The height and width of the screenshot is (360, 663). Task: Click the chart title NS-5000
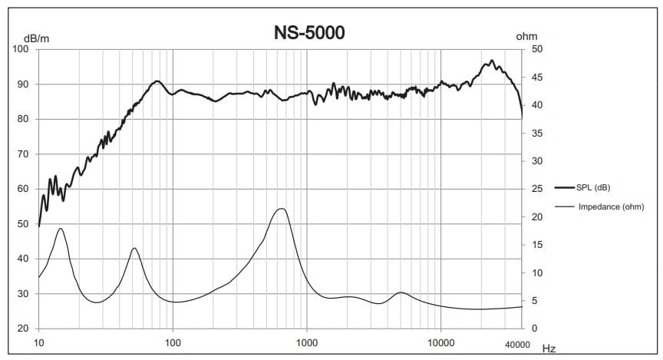click(310, 33)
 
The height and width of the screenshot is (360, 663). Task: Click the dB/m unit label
click(37, 38)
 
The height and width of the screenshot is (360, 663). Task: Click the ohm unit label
click(526, 36)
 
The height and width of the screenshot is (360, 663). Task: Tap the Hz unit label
click(549, 348)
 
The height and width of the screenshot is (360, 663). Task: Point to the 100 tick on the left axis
click(21, 49)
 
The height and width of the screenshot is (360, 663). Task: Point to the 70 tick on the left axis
click(24, 154)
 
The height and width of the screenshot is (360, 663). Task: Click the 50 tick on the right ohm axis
click(537, 49)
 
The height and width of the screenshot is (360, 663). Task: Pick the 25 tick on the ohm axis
click(537, 189)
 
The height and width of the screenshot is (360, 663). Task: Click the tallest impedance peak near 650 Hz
click(282, 209)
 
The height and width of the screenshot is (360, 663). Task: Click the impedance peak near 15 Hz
click(60, 229)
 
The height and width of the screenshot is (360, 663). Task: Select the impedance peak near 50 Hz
click(134, 248)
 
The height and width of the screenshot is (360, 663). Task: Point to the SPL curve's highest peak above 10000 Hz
click(492, 61)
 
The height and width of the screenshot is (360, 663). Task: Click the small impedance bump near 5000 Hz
click(401, 292)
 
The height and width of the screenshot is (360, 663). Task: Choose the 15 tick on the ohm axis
click(537, 245)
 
